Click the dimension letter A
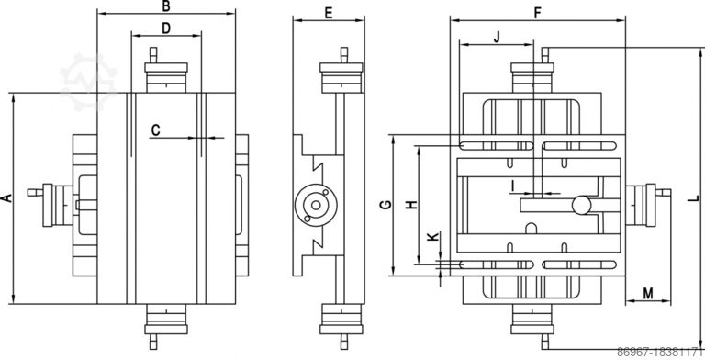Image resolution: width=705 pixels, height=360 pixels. click(x=6, y=198)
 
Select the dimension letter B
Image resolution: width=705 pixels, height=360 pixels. click(x=166, y=6)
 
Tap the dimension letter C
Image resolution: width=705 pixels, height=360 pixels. click(x=155, y=130)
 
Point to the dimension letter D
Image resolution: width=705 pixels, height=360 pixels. click(x=166, y=28)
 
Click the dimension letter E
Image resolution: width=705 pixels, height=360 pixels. click(x=329, y=13)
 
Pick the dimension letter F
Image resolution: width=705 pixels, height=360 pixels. click(x=538, y=13)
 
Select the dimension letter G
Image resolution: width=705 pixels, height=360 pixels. click(x=386, y=205)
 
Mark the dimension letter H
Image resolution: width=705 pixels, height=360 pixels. click(x=411, y=205)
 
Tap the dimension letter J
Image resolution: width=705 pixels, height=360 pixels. click(x=497, y=38)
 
